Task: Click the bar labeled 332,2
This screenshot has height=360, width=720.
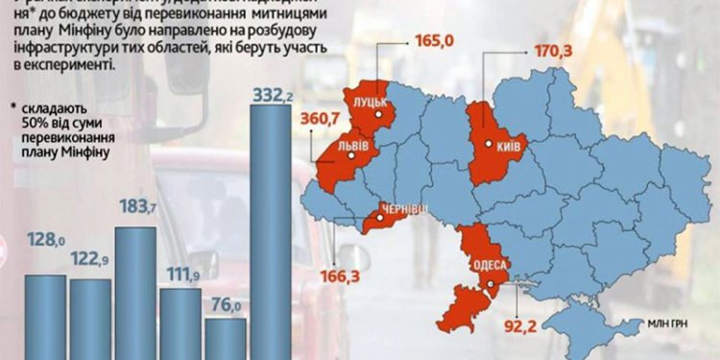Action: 270,230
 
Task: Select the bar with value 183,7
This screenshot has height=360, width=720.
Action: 136,293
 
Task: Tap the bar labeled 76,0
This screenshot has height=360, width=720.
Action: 227,338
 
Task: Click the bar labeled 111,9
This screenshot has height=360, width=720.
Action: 181,322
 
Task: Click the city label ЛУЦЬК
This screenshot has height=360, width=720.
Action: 371,102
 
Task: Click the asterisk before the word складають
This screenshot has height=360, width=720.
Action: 13,108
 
